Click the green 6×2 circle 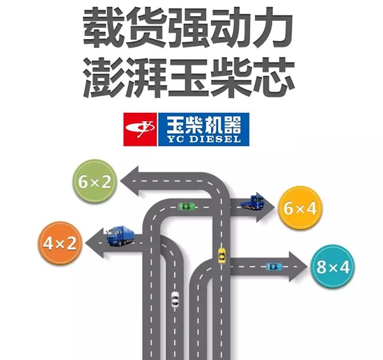pos(95,181)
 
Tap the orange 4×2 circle pos(60,243)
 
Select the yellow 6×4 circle pos(300,208)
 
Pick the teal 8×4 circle pos(333,267)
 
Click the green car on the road pos(187,206)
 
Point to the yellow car pos(221,256)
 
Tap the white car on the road pos(175,299)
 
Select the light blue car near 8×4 pos(274,266)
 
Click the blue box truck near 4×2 pos(120,236)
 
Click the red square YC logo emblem pos(140,130)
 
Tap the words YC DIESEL pos(204,139)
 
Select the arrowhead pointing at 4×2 pos(95,243)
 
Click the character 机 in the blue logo pos(211,125)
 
